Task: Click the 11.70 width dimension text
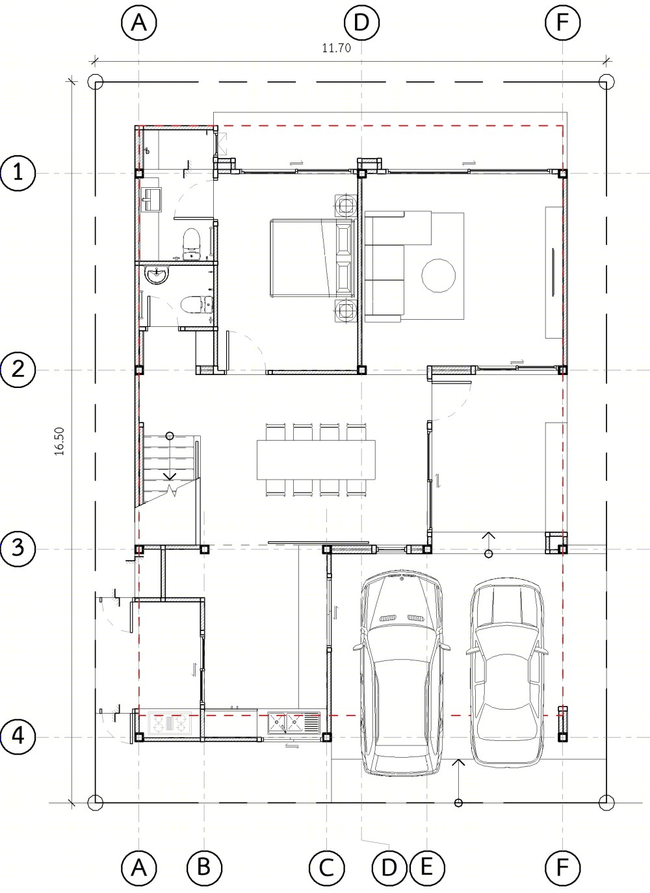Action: click(x=336, y=48)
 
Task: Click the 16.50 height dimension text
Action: click(x=59, y=442)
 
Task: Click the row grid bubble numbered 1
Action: click(x=18, y=174)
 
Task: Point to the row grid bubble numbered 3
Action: click(x=18, y=549)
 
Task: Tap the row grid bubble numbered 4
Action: click(x=18, y=737)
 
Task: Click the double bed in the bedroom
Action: click(x=312, y=258)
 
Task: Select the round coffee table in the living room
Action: click(x=439, y=276)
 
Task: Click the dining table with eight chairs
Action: click(x=317, y=460)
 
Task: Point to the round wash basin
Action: click(x=157, y=275)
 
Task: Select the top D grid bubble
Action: click(x=361, y=22)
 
